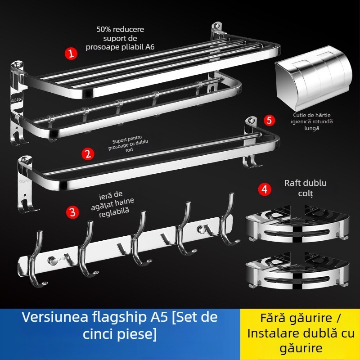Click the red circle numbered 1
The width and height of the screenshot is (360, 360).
[71, 54]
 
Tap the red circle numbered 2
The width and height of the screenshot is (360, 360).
[88, 153]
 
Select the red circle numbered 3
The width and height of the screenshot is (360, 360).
[71, 211]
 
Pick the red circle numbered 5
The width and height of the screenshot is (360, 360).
[269, 120]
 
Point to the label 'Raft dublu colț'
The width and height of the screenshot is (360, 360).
[306, 188]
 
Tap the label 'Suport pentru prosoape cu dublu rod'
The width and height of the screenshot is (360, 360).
[129, 146]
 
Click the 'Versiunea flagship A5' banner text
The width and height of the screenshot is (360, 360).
[120, 317]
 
